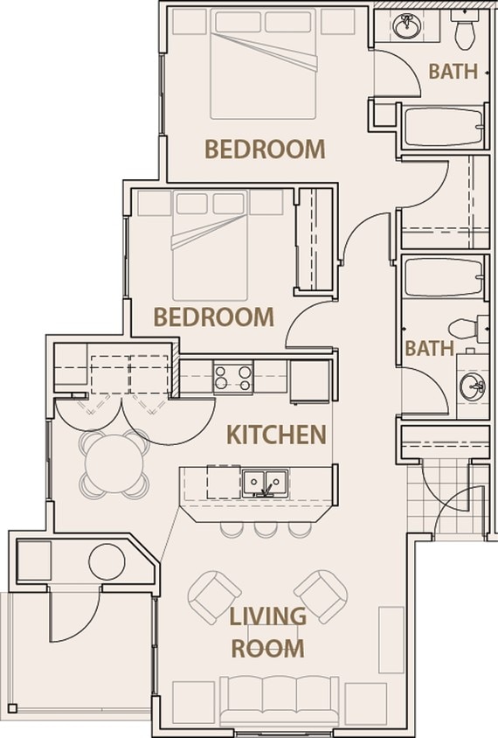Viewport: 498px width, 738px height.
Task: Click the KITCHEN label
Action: coord(276,434)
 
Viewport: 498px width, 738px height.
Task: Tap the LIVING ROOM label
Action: coord(267,631)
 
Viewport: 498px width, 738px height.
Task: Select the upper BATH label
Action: coord(453,72)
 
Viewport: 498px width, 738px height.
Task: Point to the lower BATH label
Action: coord(429,348)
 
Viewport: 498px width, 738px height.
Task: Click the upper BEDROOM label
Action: coord(264,149)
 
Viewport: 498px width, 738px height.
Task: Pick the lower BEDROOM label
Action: coord(213,316)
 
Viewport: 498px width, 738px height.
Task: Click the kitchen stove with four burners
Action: coord(233,378)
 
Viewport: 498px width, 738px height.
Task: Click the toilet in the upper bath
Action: coord(464,30)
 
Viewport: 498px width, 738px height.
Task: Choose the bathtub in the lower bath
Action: coord(442,278)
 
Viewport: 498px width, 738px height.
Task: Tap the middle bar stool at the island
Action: coord(264,529)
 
